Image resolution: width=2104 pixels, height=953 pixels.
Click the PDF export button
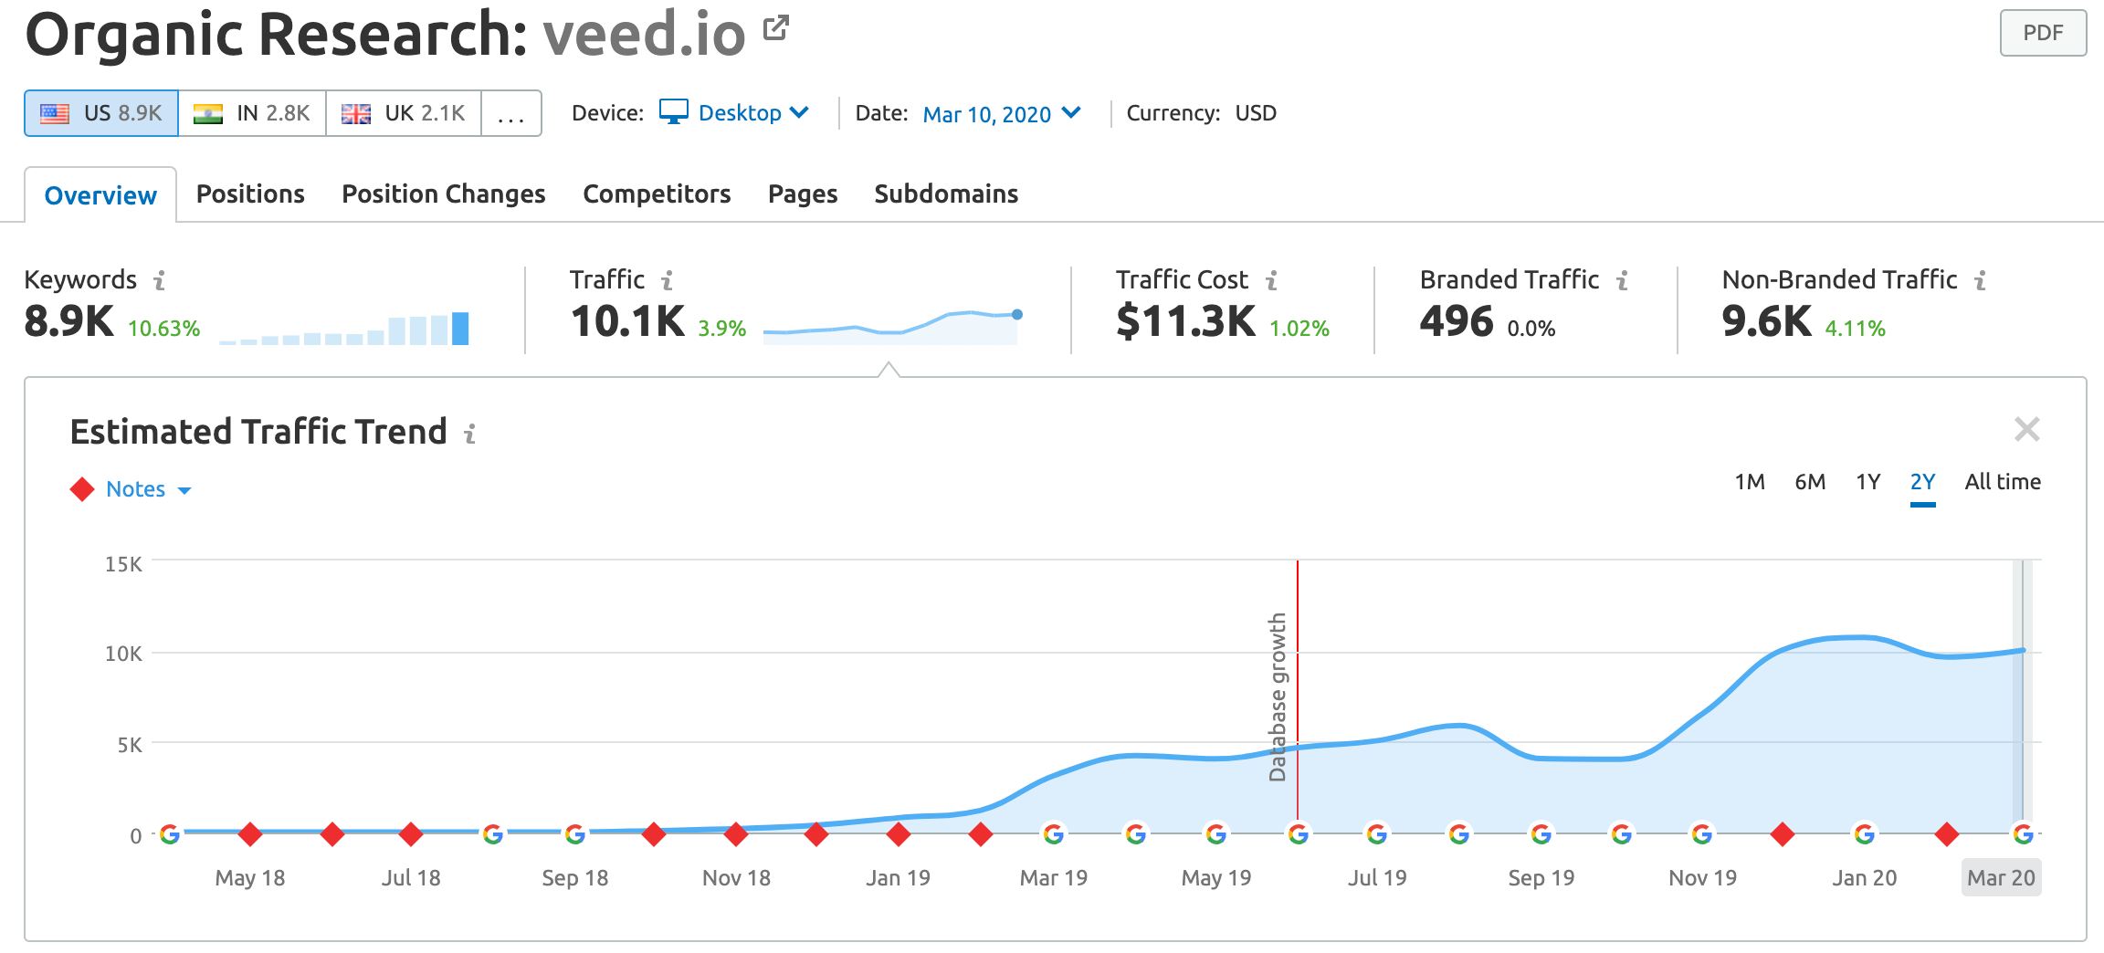[2042, 33]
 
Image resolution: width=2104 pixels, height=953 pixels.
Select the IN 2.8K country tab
[252, 113]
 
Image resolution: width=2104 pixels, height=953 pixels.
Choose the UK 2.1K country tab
[403, 113]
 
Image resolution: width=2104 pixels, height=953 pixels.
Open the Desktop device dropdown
[734, 113]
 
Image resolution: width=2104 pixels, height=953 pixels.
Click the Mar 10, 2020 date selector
[1001, 114]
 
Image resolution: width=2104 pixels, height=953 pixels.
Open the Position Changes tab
[443, 194]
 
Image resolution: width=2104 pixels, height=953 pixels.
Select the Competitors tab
[657, 194]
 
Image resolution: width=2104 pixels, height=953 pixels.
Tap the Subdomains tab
[945, 194]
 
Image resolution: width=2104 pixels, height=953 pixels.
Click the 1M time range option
[1749, 482]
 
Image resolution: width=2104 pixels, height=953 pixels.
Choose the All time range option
[2002, 482]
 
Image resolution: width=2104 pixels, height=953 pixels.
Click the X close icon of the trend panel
[2026, 429]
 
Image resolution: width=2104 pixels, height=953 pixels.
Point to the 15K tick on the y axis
[123, 564]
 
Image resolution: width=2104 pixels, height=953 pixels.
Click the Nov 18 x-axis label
[736, 878]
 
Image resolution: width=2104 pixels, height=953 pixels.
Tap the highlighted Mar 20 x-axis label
[2000, 878]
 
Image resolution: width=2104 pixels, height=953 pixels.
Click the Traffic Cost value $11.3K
[1184, 321]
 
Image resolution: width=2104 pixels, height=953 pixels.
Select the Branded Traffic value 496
[1456, 321]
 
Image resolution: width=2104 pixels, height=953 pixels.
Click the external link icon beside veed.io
[775, 28]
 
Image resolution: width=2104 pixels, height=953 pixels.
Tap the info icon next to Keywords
[160, 280]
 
